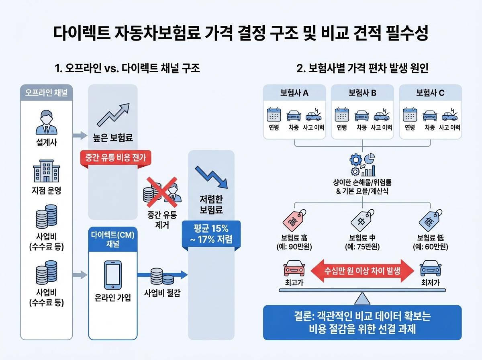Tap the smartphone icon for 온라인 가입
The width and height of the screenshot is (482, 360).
click(112, 276)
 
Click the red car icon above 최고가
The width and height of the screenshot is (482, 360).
click(293, 269)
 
